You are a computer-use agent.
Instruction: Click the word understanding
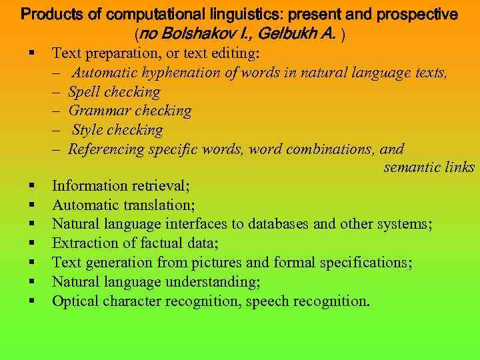click(x=215, y=281)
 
